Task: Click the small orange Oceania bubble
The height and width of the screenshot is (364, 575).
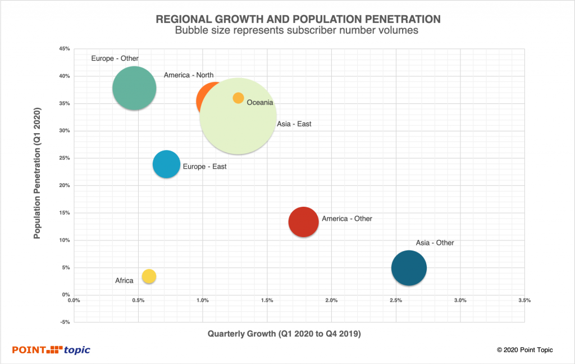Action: (238, 98)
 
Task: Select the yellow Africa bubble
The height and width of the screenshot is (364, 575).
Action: (149, 276)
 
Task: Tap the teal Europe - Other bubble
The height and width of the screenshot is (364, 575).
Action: (134, 88)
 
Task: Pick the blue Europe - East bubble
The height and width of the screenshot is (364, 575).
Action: (166, 165)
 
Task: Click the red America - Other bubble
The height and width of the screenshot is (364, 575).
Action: (304, 222)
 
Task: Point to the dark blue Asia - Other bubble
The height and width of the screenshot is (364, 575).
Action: (409, 269)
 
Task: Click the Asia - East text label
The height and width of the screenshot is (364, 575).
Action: (294, 124)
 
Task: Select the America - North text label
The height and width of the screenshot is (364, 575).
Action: (189, 75)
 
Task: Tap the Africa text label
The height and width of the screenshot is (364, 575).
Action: (124, 280)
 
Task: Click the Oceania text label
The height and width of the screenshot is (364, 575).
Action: (259, 103)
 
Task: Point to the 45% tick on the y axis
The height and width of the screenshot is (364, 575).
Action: (64, 49)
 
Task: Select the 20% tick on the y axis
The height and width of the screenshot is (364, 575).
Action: (64, 185)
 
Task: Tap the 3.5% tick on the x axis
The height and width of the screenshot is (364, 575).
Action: (524, 301)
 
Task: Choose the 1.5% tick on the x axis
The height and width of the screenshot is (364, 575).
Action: (267, 301)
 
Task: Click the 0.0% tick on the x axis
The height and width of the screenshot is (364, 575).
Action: (74, 301)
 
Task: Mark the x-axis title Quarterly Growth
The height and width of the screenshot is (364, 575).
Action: (284, 334)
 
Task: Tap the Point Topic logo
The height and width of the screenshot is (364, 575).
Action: (51, 350)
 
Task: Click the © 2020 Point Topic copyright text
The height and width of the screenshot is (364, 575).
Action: (524, 350)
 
